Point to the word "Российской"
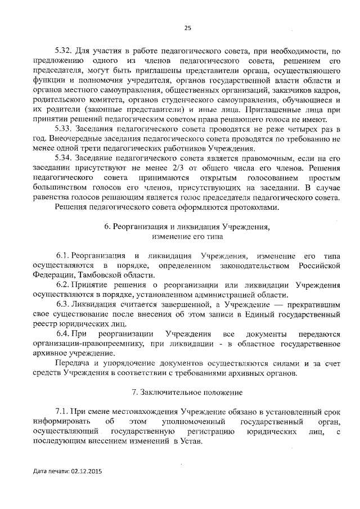pyautogui.click(x=320, y=265)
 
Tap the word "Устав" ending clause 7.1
pyautogui.click(x=192, y=442)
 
